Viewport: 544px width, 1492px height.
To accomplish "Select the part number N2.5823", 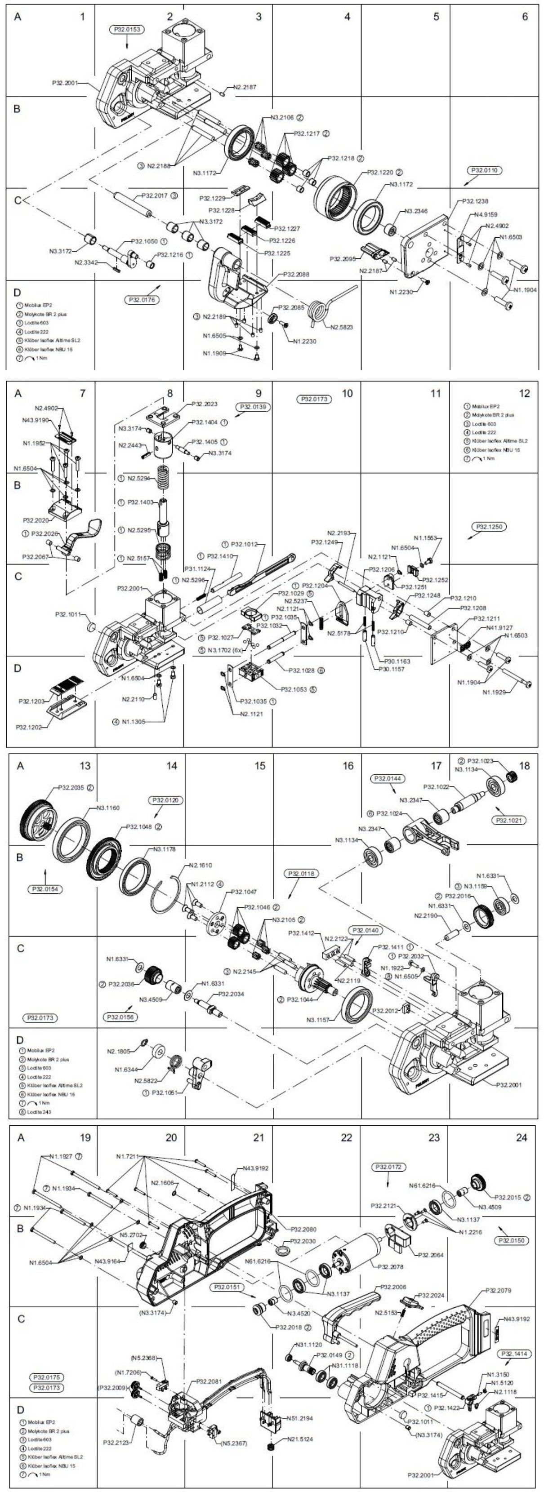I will (x=342, y=327).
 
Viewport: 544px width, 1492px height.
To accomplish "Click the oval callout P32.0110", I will (x=485, y=170).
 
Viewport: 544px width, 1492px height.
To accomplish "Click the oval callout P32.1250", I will (x=490, y=527).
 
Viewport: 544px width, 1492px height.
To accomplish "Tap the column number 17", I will (x=436, y=766).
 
